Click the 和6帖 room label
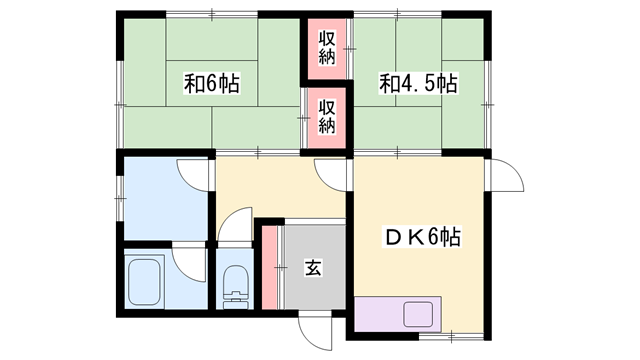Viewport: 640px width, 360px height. pos(211,84)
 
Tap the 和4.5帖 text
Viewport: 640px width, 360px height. pos(418,84)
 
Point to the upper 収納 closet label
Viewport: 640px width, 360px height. pos(327,45)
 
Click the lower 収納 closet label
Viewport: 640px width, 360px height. pos(327,113)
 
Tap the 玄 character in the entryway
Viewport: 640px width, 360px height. pos(313,268)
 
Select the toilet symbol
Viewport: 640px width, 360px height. pos(236,284)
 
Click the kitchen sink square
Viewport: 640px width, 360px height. pos(419,314)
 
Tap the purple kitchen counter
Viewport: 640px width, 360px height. pos(380,314)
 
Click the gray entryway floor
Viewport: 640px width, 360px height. pos(312,285)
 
